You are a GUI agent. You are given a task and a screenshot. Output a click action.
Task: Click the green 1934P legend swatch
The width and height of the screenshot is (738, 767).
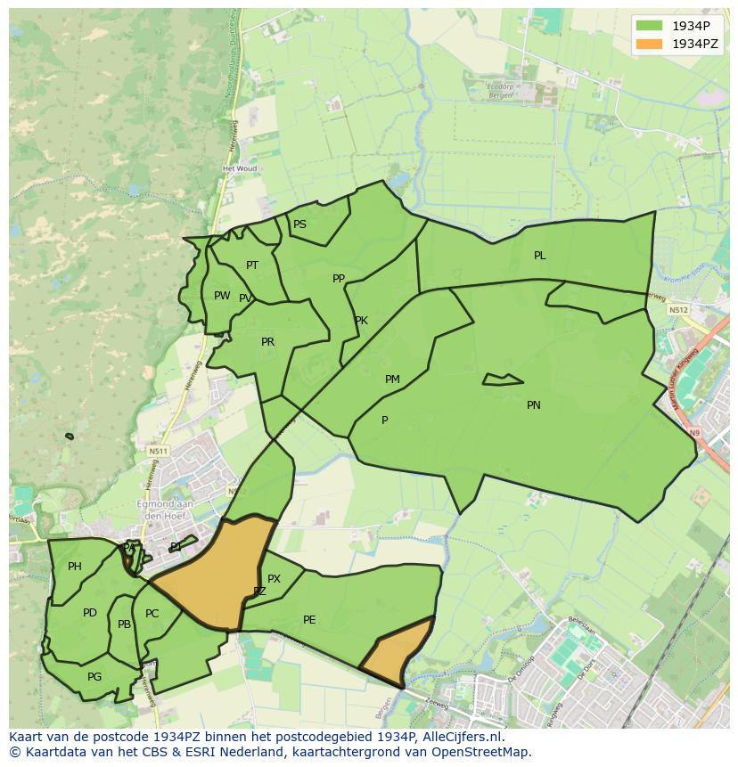tap(650, 26)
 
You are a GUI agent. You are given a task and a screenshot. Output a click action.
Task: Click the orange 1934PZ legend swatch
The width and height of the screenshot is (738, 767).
tap(650, 44)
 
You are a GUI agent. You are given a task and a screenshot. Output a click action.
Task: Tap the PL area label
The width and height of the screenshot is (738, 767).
tap(540, 256)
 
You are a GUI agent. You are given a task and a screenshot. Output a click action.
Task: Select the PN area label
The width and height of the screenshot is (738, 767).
tap(534, 405)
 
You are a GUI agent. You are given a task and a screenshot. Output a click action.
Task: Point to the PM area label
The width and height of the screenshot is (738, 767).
tap(392, 379)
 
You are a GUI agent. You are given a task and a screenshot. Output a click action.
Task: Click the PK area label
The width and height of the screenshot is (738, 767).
tap(361, 321)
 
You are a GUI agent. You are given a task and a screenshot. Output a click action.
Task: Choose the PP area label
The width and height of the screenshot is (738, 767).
tap(339, 279)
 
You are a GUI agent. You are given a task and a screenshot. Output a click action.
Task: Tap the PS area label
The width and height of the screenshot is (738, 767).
tap(299, 224)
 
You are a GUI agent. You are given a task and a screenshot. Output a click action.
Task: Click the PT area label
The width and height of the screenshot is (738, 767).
tap(252, 265)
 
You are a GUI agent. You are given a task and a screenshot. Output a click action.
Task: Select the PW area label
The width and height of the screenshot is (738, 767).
tap(222, 296)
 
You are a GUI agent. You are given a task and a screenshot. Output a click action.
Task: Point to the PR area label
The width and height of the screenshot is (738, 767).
tap(267, 342)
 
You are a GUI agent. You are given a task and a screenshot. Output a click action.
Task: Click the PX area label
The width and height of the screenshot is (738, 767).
tap(274, 579)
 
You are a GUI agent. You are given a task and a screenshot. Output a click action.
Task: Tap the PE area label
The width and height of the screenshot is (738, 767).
tap(309, 620)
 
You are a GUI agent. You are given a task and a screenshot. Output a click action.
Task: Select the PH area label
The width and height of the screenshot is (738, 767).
tap(75, 567)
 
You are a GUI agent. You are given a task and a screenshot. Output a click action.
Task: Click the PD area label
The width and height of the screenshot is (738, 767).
tap(90, 613)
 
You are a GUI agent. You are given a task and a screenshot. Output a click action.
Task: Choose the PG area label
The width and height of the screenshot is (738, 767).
tap(94, 677)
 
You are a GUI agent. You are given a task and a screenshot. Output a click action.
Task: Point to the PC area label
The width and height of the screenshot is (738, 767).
tap(152, 614)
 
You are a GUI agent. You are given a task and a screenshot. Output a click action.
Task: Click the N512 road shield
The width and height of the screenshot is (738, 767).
tap(679, 310)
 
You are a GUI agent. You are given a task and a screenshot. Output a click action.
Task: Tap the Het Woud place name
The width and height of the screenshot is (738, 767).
tap(240, 168)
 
